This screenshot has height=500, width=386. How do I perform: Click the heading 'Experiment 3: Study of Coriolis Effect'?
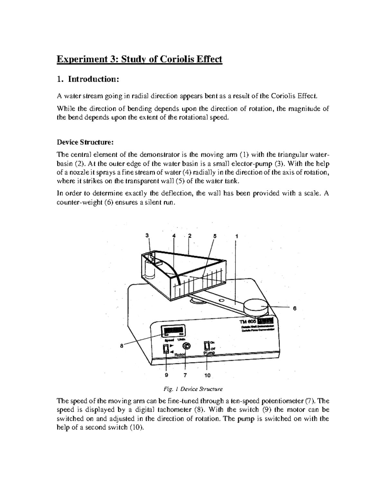click(x=139, y=60)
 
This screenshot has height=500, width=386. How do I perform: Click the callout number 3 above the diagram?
click(x=147, y=235)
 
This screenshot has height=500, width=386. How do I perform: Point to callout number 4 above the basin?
click(x=174, y=236)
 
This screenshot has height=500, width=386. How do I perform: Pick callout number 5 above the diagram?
click(x=215, y=236)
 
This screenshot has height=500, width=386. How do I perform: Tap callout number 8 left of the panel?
click(x=122, y=346)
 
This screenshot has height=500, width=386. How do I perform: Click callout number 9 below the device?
click(x=166, y=375)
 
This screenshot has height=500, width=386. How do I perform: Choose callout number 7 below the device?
click(x=185, y=375)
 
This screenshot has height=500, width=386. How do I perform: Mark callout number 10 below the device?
click(x=207, y=375)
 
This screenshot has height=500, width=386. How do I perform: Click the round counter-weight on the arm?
click(x=255, y=307)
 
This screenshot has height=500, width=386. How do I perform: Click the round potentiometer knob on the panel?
click(x=186, y=346)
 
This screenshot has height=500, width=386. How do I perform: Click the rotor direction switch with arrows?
click(x=166, y=348)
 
